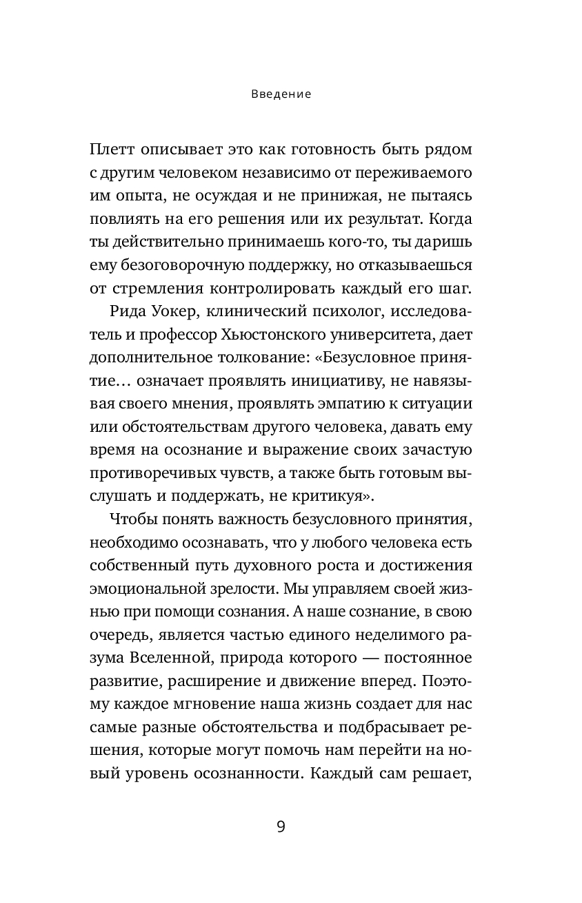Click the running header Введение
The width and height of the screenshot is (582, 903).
(281, 94)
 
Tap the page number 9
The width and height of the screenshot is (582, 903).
(281, 827)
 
